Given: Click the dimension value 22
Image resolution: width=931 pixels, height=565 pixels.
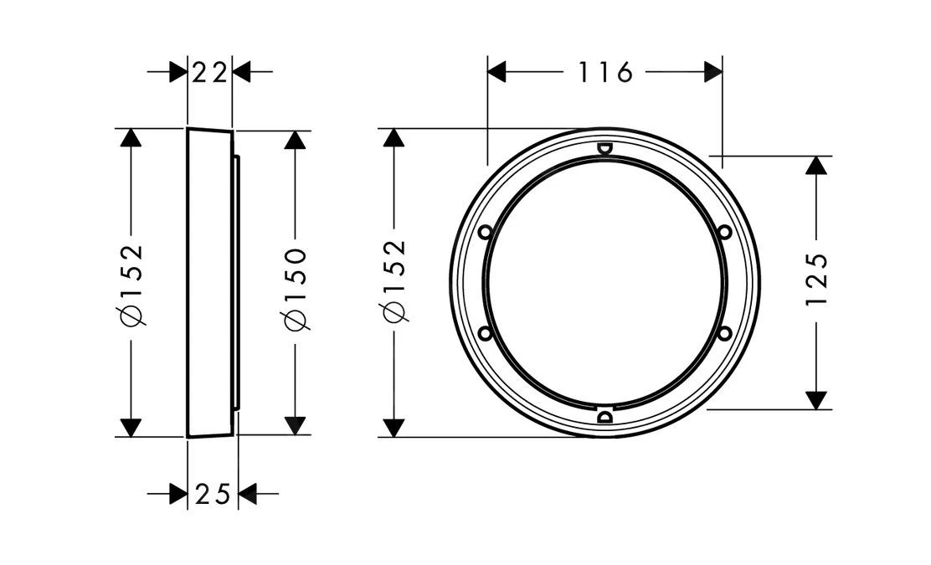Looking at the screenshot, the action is [209, 73].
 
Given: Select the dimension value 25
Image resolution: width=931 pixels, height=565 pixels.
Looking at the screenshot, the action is [213, 494].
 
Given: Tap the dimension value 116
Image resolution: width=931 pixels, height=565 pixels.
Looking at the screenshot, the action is [605, 73].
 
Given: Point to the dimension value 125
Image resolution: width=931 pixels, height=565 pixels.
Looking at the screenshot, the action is [818, 280].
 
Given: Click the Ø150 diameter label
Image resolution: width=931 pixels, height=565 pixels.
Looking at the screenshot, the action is [295, 289].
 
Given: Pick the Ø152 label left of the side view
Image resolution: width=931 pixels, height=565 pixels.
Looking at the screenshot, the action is [131, 285].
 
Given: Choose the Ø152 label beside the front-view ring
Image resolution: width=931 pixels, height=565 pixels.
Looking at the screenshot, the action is [394, 280].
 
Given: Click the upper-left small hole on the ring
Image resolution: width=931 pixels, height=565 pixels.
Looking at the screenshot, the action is [485, 232].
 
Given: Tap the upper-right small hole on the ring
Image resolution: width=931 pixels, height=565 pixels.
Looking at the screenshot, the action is [723, 232].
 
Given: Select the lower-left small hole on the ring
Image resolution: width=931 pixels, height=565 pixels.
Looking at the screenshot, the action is [485, 333].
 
